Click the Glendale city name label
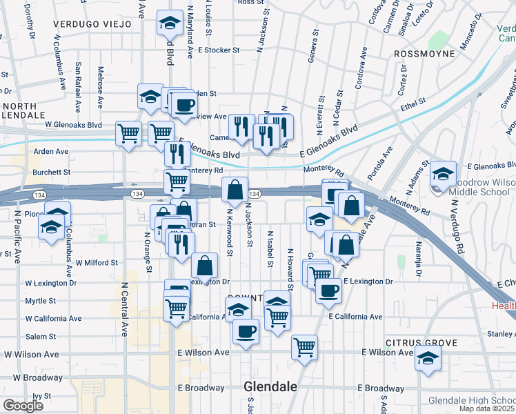(x=270, y=387)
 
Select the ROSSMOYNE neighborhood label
(x=424, y=53)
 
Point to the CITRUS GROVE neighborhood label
(x=421, y=342)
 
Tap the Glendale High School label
(x=472, y=400)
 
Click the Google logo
(x=23, y=406)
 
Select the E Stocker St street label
(x=218, y=50)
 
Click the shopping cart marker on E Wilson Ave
(x=304, y=347)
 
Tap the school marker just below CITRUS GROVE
(x=428, y=359)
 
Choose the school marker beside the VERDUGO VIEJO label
(x=169, y=24)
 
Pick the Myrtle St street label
(x=40, y=301)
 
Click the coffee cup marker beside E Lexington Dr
(x=329, y=290)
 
